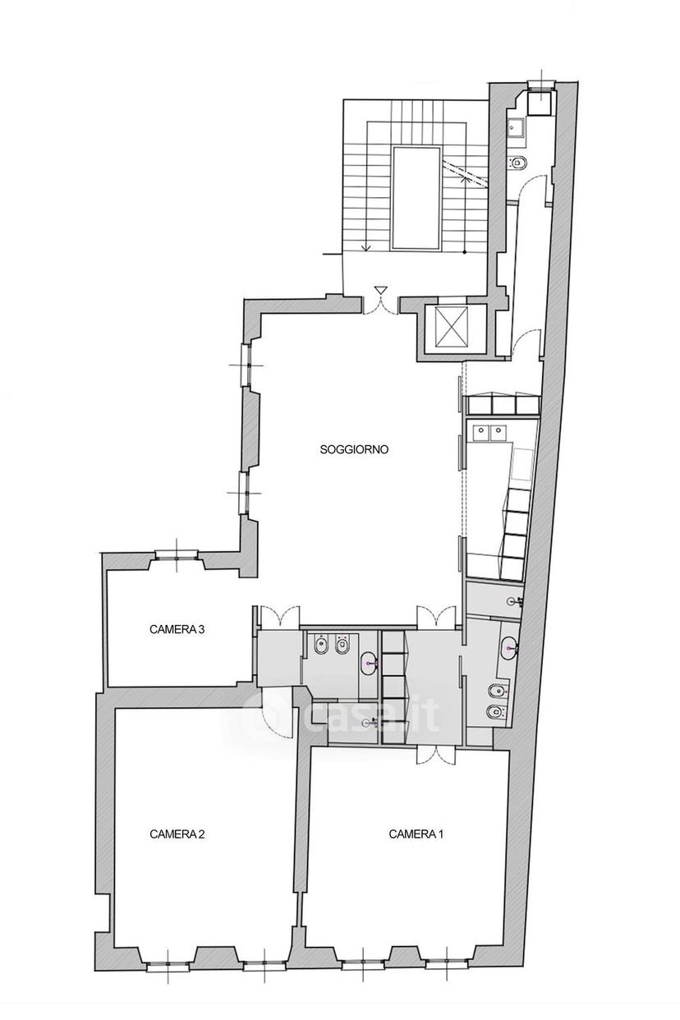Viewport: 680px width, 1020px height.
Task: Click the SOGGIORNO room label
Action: click(354, 449)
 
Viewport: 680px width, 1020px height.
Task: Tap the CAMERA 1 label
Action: click(416, 834)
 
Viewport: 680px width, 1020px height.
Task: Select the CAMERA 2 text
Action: click(177, 834)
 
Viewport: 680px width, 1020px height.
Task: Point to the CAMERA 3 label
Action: click(177, 629)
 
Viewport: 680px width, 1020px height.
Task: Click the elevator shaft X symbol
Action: click(451, 324)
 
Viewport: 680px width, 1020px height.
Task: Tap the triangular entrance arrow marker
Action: click(380, 290)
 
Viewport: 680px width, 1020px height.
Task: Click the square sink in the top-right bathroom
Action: click(517, 126)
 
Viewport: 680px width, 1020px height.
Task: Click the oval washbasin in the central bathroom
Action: click(368, 664)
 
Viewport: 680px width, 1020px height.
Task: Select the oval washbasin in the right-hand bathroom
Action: click(508, 647)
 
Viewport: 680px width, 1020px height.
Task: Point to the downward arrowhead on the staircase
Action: click(365, 248)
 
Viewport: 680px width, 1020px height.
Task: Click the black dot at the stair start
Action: click(464, 252)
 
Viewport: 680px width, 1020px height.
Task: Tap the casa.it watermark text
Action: click(341, 716)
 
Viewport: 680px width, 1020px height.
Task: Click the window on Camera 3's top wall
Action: click(177, 554)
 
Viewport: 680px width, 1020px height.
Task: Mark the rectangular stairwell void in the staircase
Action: click(416, 198)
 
